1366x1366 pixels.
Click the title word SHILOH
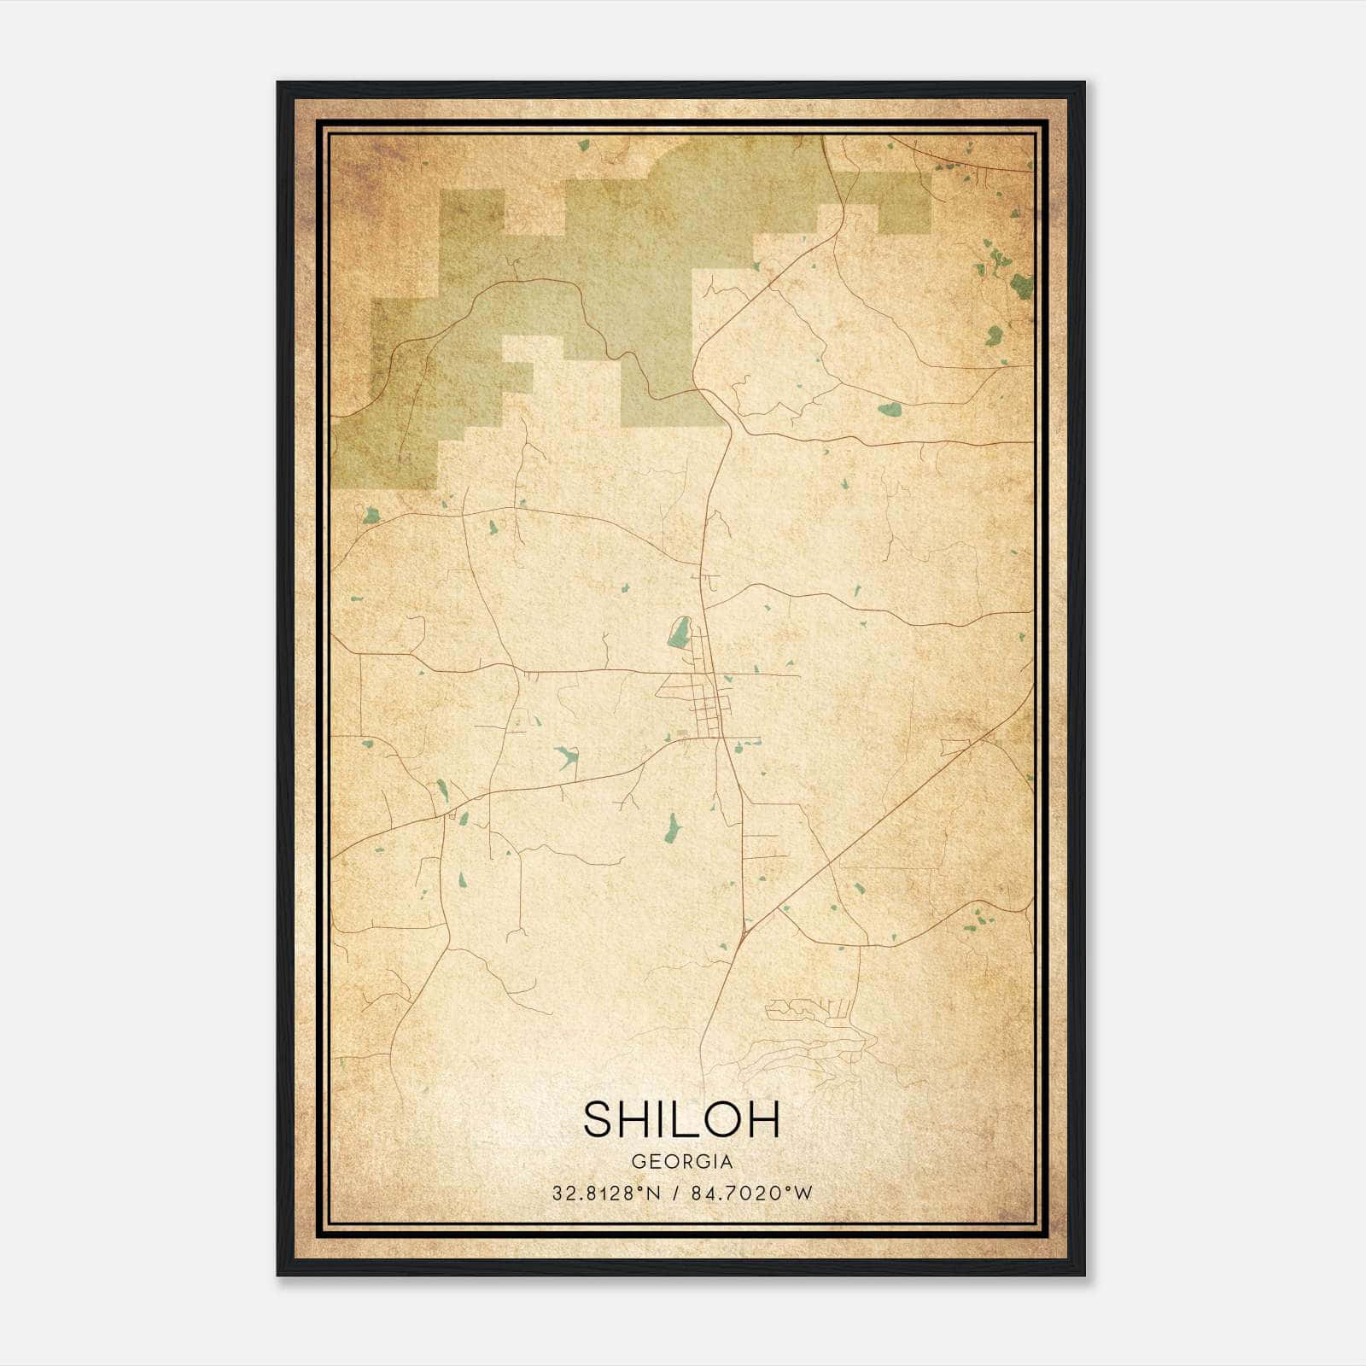coord(681,1119)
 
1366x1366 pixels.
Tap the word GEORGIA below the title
coord(681,1162)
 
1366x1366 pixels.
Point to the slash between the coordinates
coord(676,1194)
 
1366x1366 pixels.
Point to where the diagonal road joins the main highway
coord(746,931)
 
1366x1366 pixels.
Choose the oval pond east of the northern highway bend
coord(890,410)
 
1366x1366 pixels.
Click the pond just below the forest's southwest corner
coord(371,515)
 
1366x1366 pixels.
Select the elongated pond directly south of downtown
coord(672,826)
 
